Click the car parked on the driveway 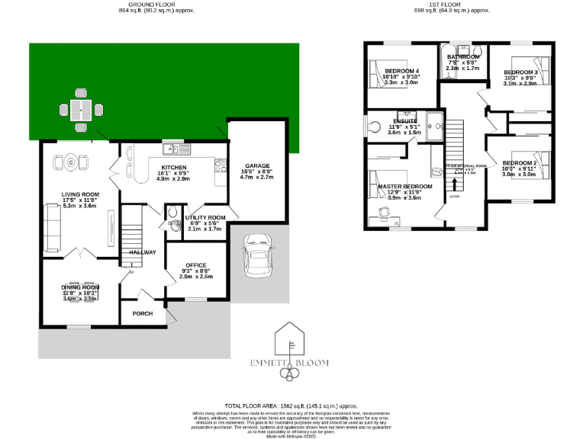[254, 258]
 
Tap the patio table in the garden [81, 110]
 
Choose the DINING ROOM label [81, 287]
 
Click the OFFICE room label [196, 265]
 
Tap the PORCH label [143, 313]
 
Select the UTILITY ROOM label [205, 217]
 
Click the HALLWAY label [143, 252]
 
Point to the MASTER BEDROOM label [404, 186]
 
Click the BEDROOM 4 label [401, 71]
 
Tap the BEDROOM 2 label [520, 163]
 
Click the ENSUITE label [404, 121]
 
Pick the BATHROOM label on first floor [463, 57]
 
